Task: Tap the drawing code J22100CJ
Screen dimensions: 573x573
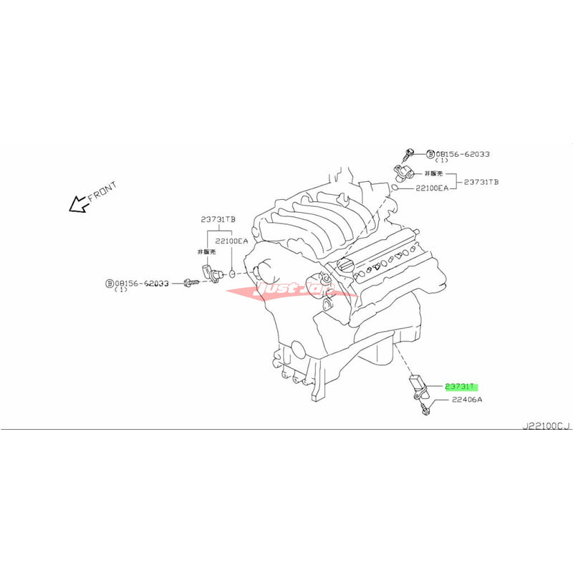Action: coord(545,426)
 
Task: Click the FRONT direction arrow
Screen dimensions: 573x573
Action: coord(77,206)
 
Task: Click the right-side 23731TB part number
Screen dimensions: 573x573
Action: coord(480,182)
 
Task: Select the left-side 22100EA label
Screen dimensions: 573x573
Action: coord(233,241)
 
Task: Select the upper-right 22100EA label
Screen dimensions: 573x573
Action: coord(432,188)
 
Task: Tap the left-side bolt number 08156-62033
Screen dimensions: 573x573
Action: coord(143,283)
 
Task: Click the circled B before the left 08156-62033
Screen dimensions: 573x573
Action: coord(110,283)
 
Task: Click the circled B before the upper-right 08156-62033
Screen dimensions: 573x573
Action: coord(430,154)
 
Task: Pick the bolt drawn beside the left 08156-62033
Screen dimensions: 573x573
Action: coord(191,283)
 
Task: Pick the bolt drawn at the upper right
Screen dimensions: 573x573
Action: coord(410,152)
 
